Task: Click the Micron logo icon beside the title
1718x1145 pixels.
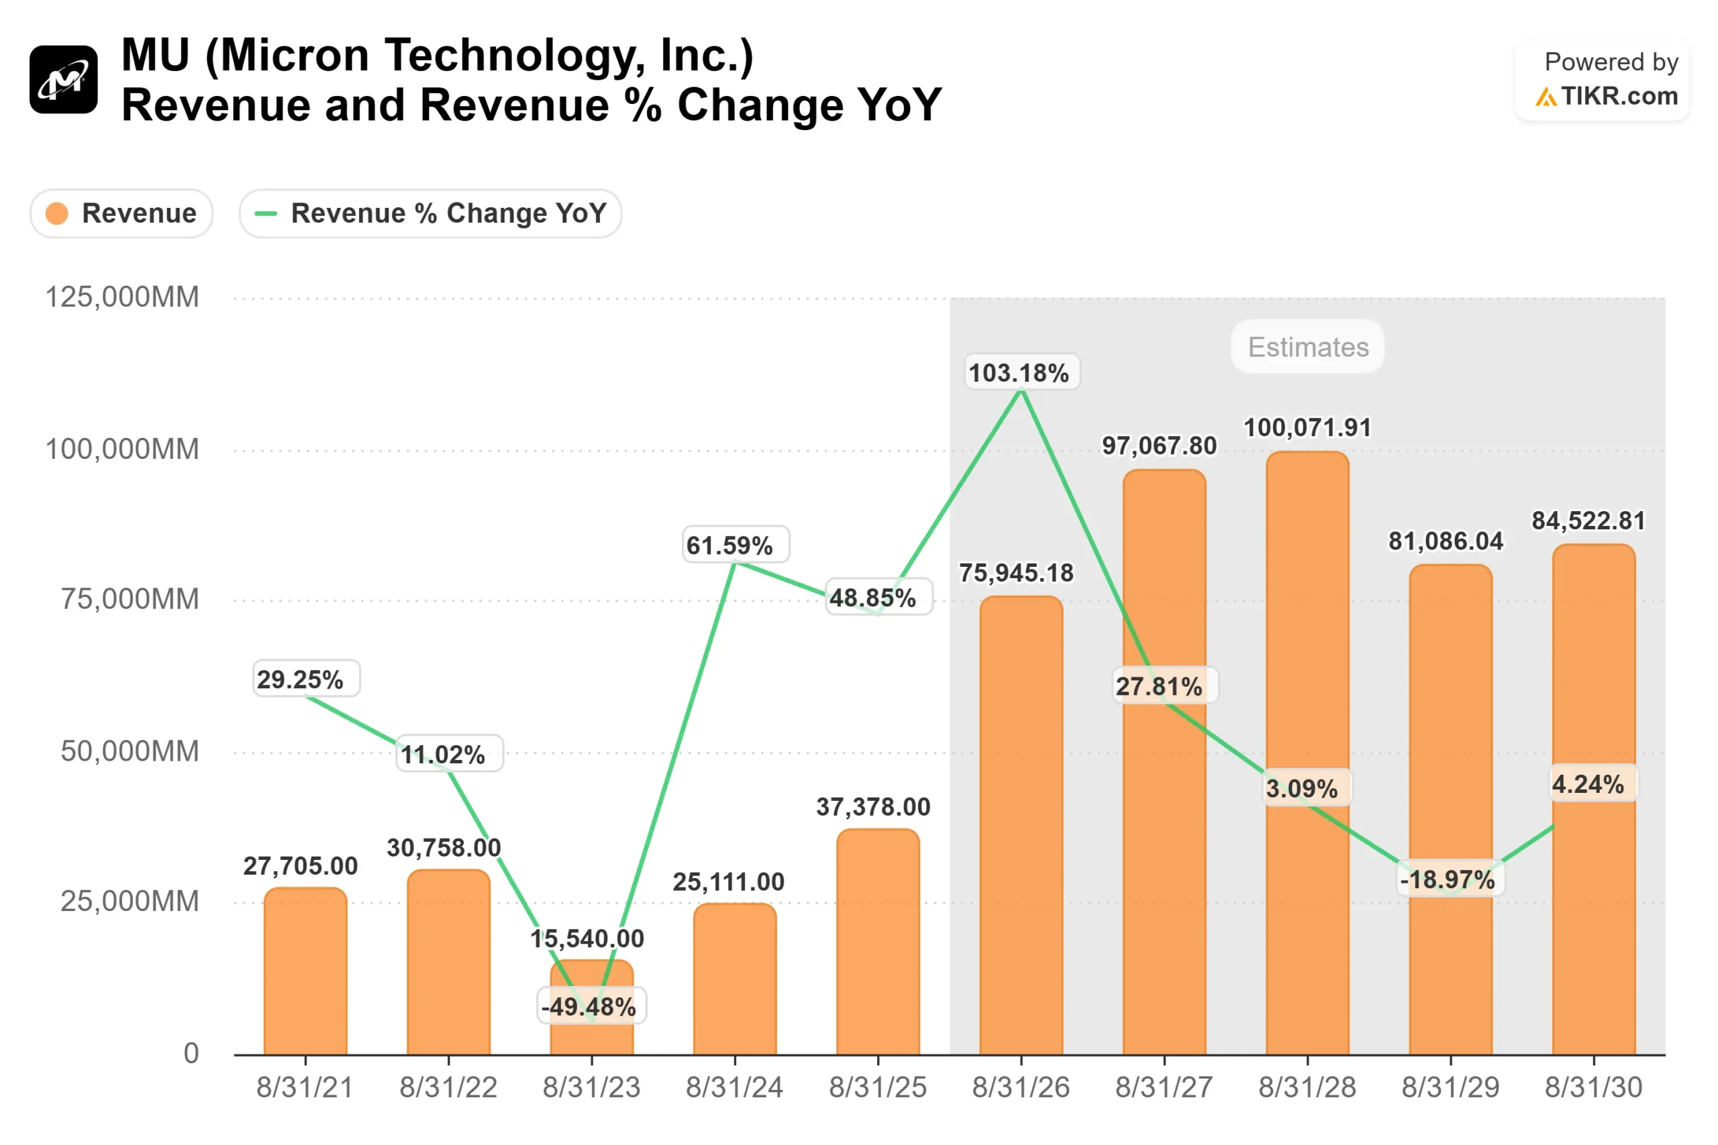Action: click(x=64, y=80)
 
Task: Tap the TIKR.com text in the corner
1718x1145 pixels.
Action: click(x=1619, y=97)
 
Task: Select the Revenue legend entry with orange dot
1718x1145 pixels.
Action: click(x=121, y=214)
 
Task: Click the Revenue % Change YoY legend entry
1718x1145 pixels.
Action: click(x=430, y=214)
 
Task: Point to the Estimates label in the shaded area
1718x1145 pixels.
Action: click(x=1307, y=347)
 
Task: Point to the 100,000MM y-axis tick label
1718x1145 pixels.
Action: click(x=122, y=449)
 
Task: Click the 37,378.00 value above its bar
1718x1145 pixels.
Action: click(x=874, y=807)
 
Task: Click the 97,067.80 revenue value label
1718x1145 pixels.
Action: click(x=1159, y=445)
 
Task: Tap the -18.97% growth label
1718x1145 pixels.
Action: click(x=1448, y=880)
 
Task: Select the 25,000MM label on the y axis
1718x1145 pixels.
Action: click(x=130, y=901)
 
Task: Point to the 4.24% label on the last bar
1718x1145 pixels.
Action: click(x=1588, y=784)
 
